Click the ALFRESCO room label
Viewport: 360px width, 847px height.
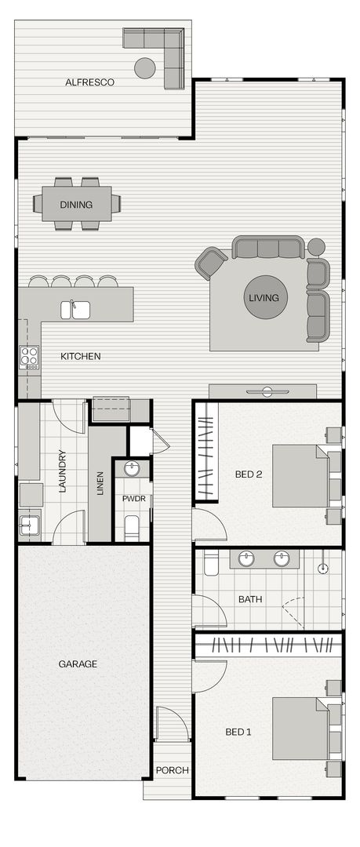click(x=90, y=82)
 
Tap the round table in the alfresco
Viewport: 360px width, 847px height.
click(x=145, y=68)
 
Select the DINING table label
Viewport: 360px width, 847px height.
click(x=76, y=205)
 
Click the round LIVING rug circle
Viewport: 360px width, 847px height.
click(x=264, y=298)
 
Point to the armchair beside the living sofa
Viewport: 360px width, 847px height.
click(x=211, y=263)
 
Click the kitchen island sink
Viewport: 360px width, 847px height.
click(x=76, y=310)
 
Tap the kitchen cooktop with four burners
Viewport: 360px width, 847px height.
click(x=29, y=358)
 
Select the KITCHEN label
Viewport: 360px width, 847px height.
click(x=81, y=356)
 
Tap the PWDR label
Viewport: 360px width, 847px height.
click(x=131, y=499)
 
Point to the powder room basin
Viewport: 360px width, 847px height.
click(x=133, y=469)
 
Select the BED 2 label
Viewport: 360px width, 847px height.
click(x=248, y=474)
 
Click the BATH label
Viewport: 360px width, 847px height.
click(x=250, y=599)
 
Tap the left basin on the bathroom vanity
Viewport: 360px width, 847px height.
click(x=247, y=559)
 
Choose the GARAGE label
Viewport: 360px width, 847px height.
click(x=78, y=663)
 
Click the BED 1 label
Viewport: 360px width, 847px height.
click(x=238, y=732)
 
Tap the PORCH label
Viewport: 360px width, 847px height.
click(x=172, y=770)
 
